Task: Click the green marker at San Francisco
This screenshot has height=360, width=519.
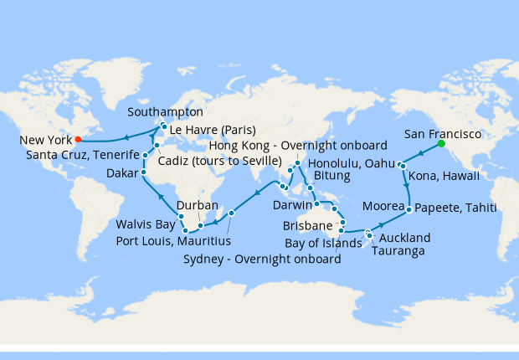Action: pos(441,143)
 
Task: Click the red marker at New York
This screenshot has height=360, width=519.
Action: pos(77,139)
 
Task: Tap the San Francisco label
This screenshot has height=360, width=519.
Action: pos(442,132)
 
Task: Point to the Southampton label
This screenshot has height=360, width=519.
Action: pos(167,111)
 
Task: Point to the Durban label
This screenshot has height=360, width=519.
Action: pos(198,205)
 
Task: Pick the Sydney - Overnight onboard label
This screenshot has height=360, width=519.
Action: pos(261,259)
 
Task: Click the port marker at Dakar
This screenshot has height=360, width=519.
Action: pos(143,172)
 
